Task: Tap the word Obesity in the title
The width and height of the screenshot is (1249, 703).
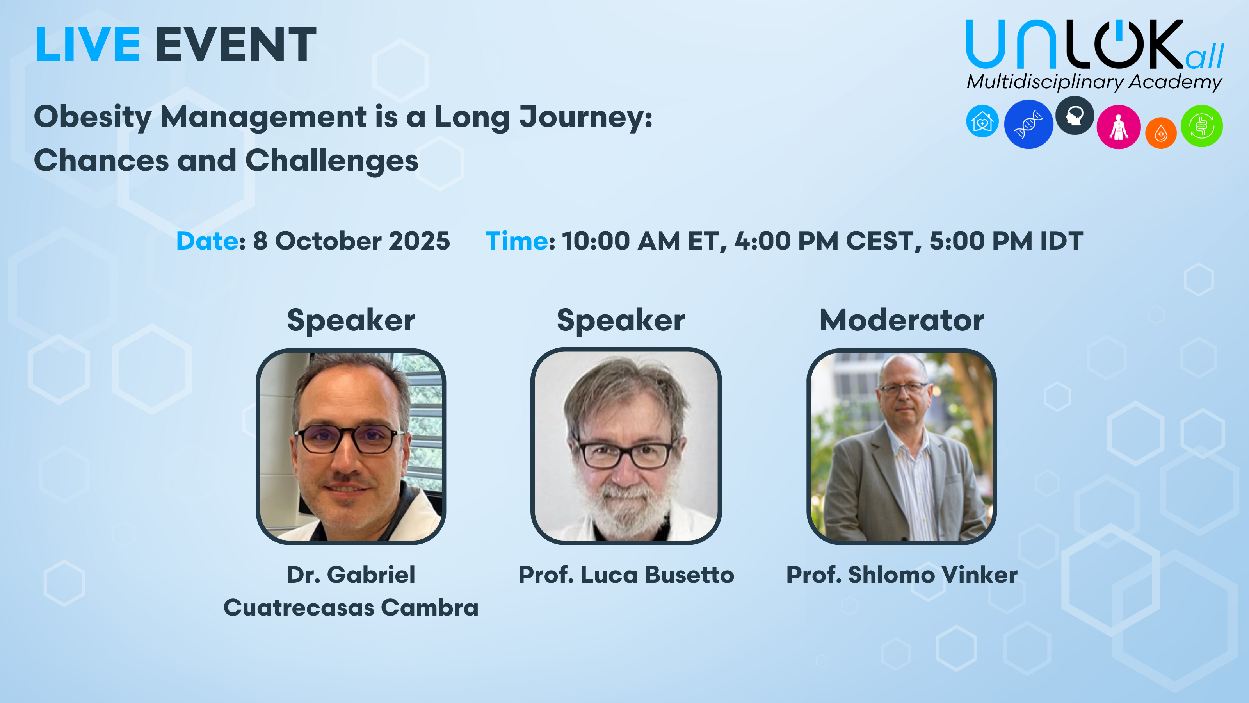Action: coord(93,118)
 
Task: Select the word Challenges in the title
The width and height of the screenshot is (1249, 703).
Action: coord(332,161)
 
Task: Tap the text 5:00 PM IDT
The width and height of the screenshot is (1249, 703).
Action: coord(1006,241)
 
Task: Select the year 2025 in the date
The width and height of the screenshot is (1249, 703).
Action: coord(420,241)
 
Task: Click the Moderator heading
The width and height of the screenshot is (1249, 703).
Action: coord(902,320)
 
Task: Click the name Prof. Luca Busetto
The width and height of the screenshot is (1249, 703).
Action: coord(626,575)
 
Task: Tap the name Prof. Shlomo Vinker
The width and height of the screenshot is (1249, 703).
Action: coord(901,575)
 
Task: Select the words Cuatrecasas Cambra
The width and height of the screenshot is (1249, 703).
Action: coord(351,607)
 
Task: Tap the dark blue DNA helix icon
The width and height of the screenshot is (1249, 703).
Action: coord(1028,124)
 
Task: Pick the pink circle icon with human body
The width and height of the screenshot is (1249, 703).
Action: coord(1119,127)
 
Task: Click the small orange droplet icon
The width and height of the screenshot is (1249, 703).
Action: coord(1161,133)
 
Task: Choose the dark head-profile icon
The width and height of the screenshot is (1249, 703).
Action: coord(1075,116)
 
